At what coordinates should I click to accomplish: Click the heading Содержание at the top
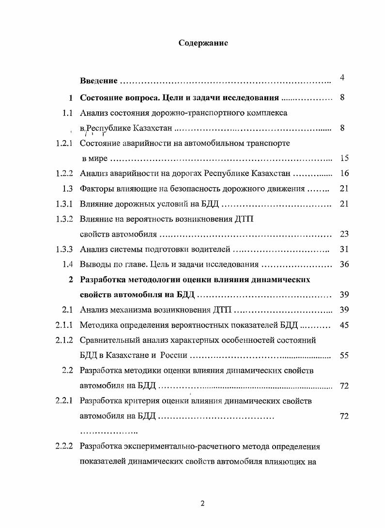pos(203,43)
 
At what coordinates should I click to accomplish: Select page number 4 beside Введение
pos(342,78)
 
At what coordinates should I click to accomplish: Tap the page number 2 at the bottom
pos(203,503)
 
